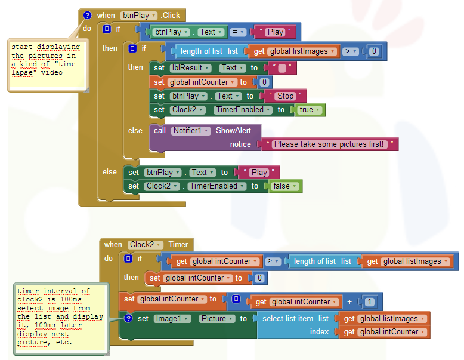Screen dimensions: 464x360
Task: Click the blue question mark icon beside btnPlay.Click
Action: (x=87, y=15)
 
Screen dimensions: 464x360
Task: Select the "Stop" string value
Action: (x=285, y=96)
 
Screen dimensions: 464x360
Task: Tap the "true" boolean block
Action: (x=310, y=110)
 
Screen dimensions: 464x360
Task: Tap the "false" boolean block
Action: (x=284, y=186)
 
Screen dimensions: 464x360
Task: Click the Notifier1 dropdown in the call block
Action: (x=191, y=131)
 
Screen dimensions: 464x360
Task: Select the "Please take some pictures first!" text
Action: (x=329, y=144)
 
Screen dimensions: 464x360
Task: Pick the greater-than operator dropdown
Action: (x=350, y=51)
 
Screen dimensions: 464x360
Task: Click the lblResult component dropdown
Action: (x=191, y=68)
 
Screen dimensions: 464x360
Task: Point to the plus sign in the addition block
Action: (x=349, y=302)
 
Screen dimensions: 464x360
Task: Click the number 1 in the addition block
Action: (x=369, y=302)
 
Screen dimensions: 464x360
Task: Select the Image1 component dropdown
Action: (x=172, y=319)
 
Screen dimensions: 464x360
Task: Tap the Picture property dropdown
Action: (x=217, y=319)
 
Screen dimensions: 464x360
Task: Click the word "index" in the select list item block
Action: (x=319, y=332)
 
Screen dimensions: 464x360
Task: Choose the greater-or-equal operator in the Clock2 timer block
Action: (x=273, y=261)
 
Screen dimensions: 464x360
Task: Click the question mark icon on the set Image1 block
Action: (x=128, y=319)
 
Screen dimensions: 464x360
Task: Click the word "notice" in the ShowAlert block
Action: (x=240, y=144)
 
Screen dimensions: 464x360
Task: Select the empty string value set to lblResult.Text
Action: (x=282, y=69)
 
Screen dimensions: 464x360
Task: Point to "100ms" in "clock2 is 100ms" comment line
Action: (x=71, y=300)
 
